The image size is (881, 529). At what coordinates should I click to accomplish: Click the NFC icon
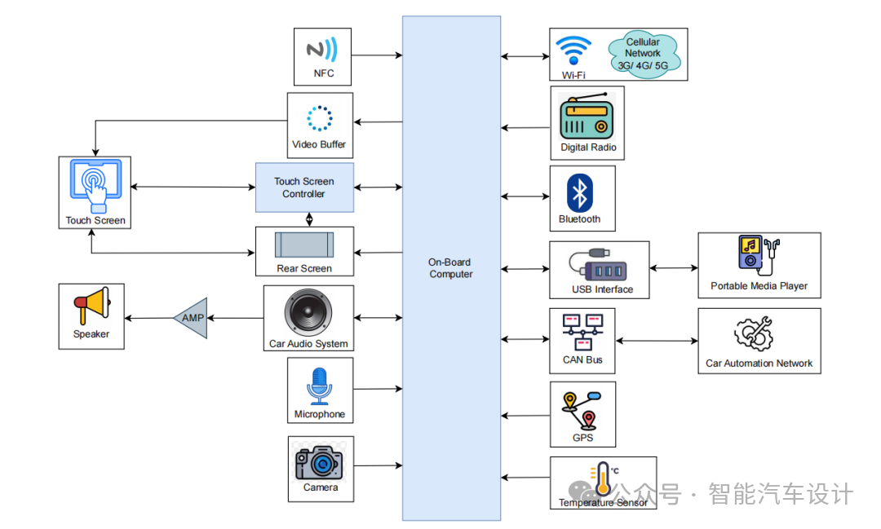[x=321, y=49]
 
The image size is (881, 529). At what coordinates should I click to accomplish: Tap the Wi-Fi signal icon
[x=573, y=51]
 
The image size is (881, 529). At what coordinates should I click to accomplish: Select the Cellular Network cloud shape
[x=644, y=54]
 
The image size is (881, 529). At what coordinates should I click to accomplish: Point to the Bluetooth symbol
[x=579, y=193]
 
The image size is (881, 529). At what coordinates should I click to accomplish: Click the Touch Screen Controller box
[x=304, y=187]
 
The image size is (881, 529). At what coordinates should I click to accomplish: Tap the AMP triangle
[x=192, y=318]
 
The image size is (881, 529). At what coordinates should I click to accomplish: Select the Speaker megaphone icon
[x=91, y=306]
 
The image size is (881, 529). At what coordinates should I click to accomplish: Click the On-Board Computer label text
[x=450, y=268]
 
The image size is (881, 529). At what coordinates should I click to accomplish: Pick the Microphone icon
[x=319, y=386]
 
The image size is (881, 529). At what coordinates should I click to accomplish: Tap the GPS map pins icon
[x=581, y=409]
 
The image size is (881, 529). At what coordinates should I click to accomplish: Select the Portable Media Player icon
[x=758, y=253]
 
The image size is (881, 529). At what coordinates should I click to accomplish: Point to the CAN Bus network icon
[x=582, y=332]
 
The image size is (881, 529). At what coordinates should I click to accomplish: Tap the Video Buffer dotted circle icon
[x=319, y=118]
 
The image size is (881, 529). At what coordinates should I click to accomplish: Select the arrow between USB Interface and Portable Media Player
[x=674, y=267]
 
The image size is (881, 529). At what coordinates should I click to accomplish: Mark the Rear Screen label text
[x=304, y=268]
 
